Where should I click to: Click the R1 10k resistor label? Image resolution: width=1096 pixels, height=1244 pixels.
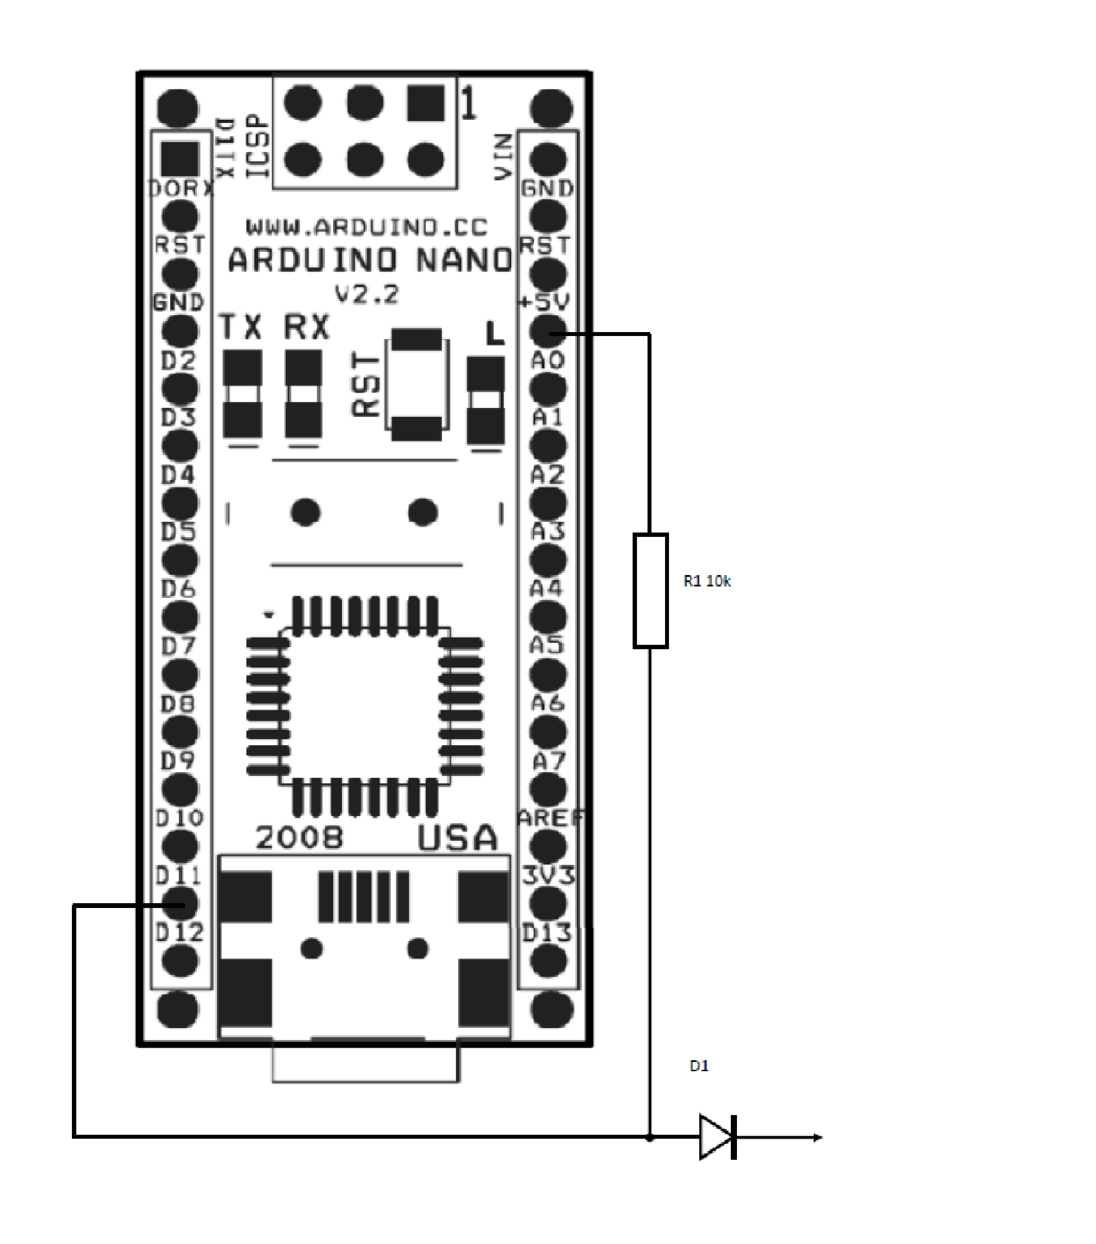pos(707,581)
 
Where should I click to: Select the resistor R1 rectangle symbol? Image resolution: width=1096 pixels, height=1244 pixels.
pos(650,590)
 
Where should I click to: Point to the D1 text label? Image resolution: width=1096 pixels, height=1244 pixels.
pos(699,1065)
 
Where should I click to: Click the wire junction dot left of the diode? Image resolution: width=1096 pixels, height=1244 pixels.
pos(650,1137)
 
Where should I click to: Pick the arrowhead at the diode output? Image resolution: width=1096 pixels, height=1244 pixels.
pos(818,1137)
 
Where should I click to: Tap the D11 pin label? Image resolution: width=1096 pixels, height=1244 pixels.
pos(178,876)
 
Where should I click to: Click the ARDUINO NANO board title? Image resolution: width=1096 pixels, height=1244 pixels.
pos(370,261)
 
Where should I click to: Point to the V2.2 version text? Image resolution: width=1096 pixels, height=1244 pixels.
pos(367,295)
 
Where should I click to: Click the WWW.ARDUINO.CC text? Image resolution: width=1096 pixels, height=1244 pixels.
pos(367,227)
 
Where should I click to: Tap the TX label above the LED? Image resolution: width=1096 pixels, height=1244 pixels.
pos(240,327)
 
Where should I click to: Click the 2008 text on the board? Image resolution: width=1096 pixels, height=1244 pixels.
pos(299,838)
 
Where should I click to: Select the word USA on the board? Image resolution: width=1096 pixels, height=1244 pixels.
pos(457,838)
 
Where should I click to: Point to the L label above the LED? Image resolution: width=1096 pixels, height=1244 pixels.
pos(495,333)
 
